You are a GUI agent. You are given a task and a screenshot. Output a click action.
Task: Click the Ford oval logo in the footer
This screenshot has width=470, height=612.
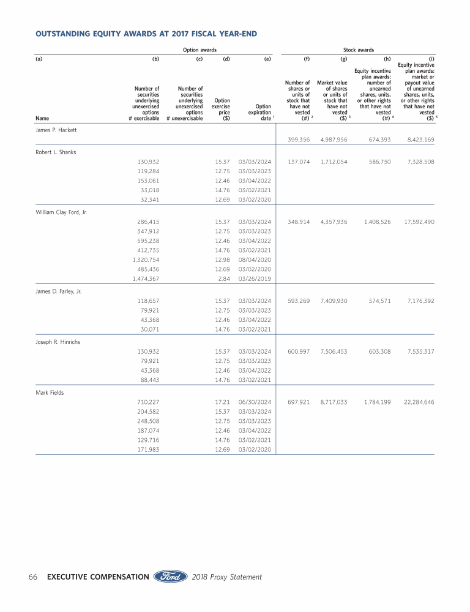(170, 577)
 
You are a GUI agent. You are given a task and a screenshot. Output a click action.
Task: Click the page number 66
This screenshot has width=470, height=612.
(34, 577)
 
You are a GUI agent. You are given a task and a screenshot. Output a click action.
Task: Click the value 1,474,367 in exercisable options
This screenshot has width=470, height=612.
(146, 279)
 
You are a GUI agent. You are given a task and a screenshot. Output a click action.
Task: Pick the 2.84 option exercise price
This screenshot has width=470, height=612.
(224, 279)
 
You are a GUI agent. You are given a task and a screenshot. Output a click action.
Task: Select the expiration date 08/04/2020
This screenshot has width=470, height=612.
(255, 259)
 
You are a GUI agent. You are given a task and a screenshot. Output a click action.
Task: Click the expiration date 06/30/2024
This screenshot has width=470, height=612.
(255, 402)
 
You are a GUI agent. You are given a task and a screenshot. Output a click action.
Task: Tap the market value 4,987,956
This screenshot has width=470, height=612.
(334, 140)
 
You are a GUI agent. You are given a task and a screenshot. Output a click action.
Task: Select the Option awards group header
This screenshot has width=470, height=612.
(200, 50)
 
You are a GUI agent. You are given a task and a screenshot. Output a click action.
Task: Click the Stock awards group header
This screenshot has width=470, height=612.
(358, 50)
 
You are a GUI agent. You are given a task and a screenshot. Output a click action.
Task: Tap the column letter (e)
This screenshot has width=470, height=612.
(267, 60)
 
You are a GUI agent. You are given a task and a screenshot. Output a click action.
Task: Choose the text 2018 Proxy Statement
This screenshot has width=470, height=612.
(226, 577)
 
